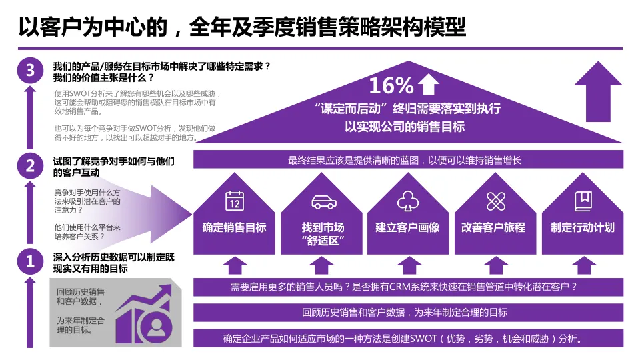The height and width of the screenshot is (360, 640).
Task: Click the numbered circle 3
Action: click(x=29, y=71)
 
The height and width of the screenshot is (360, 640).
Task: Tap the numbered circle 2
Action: click(x=29, y=166)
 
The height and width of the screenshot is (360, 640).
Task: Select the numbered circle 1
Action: click(x=29, y=261)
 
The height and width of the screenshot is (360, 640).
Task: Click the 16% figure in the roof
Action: click(x=391, y=85)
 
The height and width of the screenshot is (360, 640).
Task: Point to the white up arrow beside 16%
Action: click(x=428, y=85)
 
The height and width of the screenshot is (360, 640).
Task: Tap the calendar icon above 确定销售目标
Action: click(x=234, y=200)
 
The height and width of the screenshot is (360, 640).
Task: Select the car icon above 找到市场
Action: click(x=323, y=201)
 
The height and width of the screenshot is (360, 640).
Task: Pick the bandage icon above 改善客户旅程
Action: click(x=495, y=201)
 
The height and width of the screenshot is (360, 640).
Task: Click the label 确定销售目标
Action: click(x=234, y=227)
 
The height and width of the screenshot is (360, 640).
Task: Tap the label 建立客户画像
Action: click(x=407, y=227)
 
